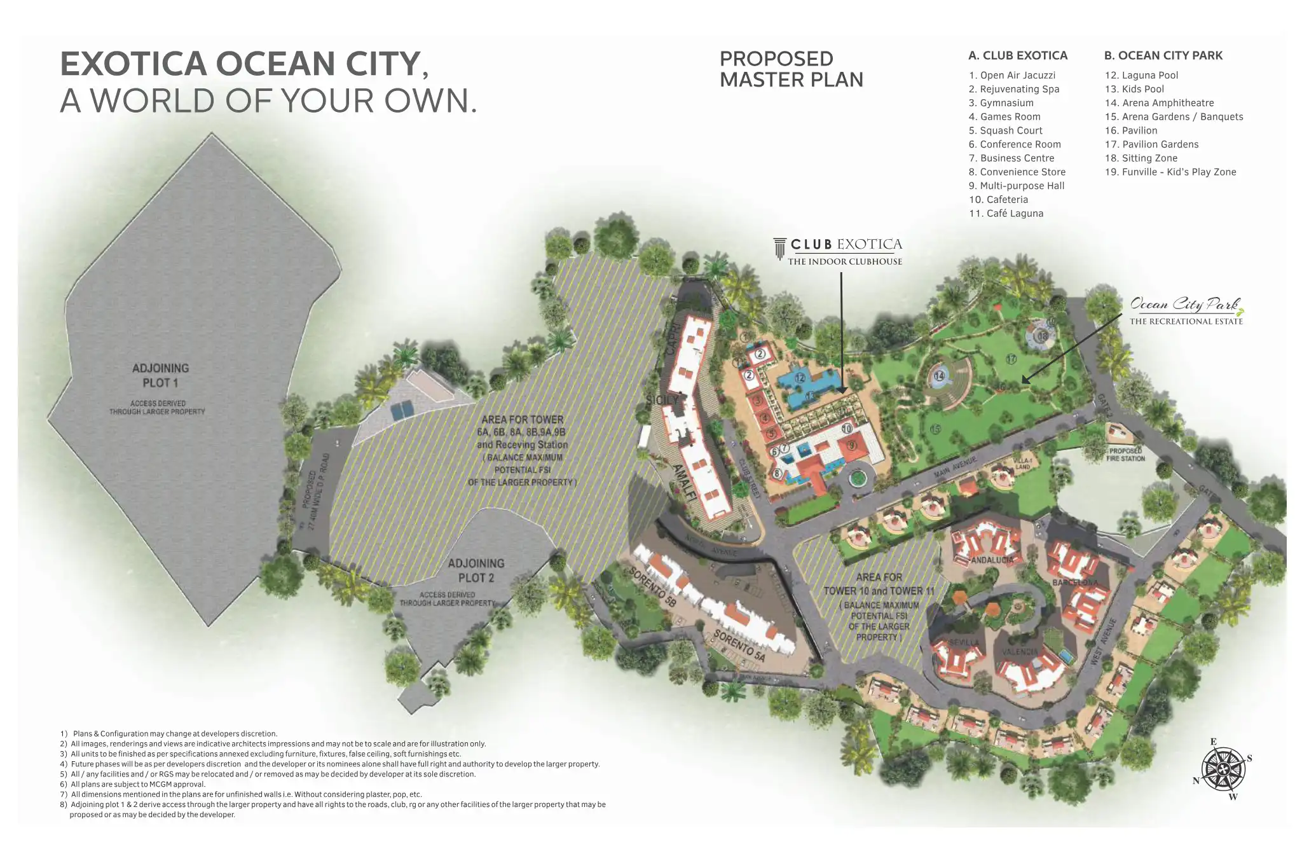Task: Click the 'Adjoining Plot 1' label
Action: pos(160,375)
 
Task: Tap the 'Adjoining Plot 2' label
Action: pos(476,570)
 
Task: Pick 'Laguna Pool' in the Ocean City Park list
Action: pos(1141,75)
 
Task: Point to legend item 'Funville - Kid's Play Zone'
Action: pos(1170,172)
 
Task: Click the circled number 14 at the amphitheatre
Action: pos(939,376)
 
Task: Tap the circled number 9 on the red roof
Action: pos(851,445)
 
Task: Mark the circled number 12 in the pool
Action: pos(800,378)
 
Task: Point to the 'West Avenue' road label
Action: pos(1103,641)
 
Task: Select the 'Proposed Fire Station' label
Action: pos(1125,454)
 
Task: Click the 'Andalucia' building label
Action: pos(992,560)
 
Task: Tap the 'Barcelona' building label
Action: pos(1074,582)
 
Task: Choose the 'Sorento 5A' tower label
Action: pos(739,645)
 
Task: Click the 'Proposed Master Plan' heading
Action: pos(791,69)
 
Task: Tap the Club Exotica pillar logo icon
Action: pos(779,249)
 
